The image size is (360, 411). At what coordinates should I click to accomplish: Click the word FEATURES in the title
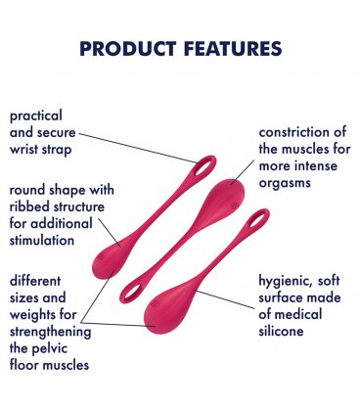(234, 48)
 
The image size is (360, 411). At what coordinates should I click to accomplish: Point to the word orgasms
(285, 183)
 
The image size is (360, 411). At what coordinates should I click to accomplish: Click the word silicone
(285, 331)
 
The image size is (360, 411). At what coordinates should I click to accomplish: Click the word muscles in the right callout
(308, 149)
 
